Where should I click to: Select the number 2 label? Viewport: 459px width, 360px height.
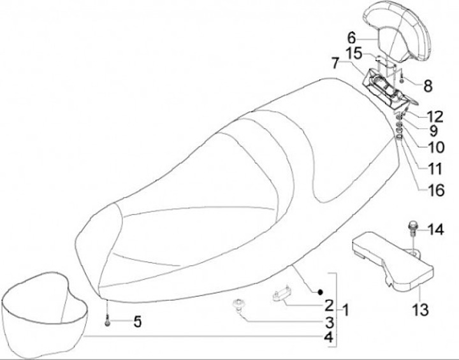coord(328,305)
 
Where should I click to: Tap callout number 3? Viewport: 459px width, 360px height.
coord(328,322)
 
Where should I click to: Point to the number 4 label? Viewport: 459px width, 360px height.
coord(328,338)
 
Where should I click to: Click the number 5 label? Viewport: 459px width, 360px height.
coord(137,322)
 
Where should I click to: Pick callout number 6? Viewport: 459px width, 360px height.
coord(351,36)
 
